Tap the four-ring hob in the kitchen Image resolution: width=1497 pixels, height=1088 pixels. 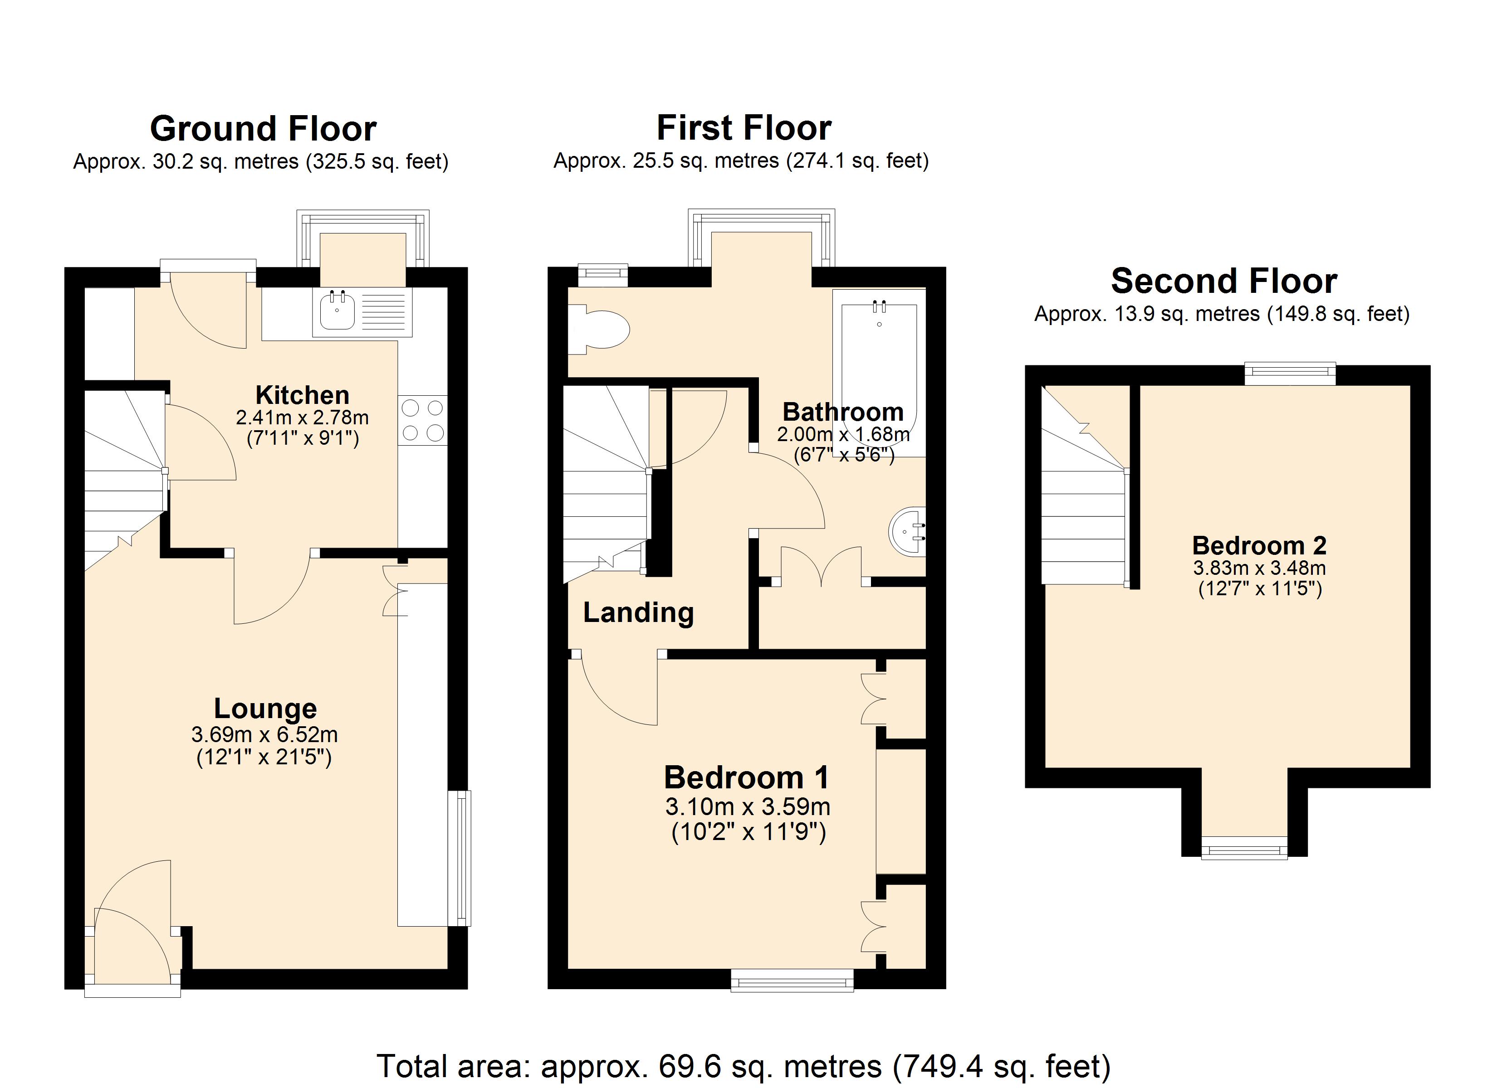(x=422, y=420)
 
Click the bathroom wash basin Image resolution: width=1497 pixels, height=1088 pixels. (x=909, y=531)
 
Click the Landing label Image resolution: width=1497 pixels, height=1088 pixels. (x=638, y=612)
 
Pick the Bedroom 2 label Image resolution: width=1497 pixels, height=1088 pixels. (x=1259, y=546)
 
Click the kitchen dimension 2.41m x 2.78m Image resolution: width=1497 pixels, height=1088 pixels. (x=302, y=418)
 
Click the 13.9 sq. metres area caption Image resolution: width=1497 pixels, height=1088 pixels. (x=1221, y=314)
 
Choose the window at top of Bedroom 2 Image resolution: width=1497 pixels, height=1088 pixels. (x=1290, y=374)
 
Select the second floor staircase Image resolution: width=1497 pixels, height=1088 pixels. (x=1082, y=501)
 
